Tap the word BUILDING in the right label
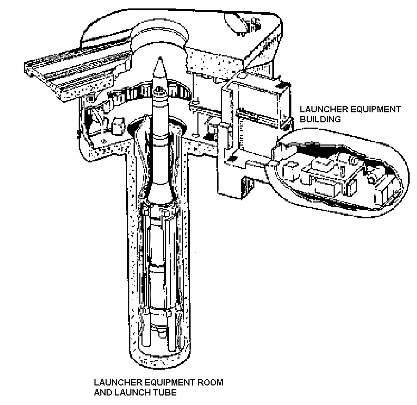[317, 120]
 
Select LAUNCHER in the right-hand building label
[318, 109]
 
